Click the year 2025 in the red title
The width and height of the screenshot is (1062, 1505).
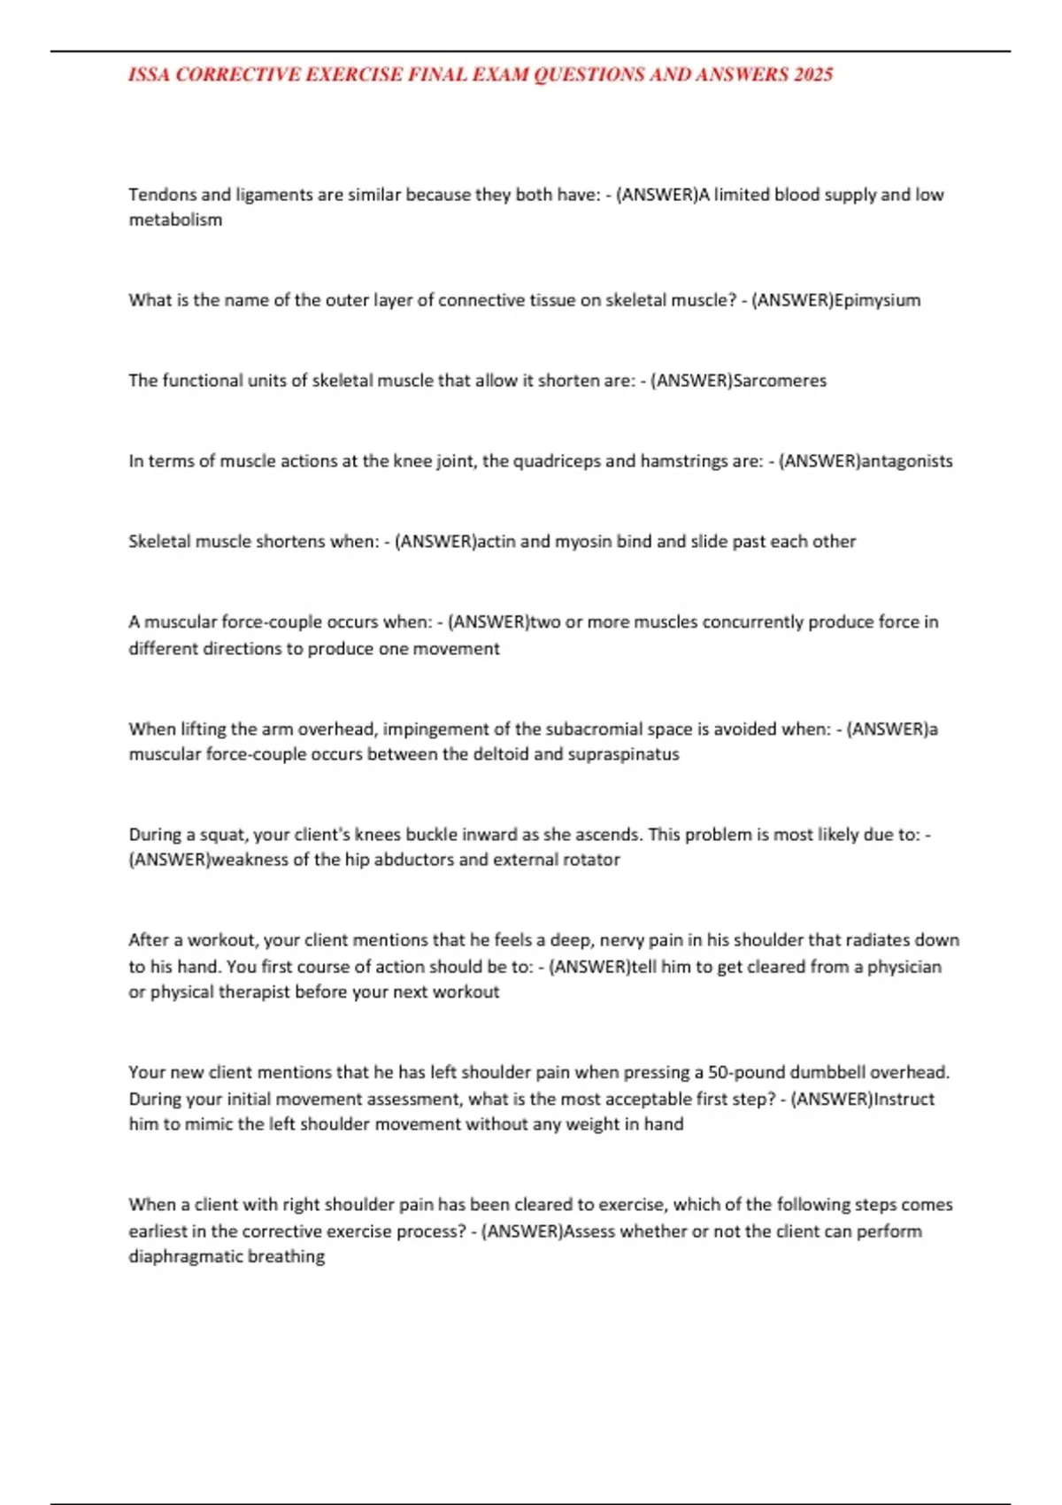coord(813,75)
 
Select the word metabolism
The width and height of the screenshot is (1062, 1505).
coord(175,220)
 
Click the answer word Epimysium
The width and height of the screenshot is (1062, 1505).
coord(877,300)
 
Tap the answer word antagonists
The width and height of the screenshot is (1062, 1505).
coord(906,461)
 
